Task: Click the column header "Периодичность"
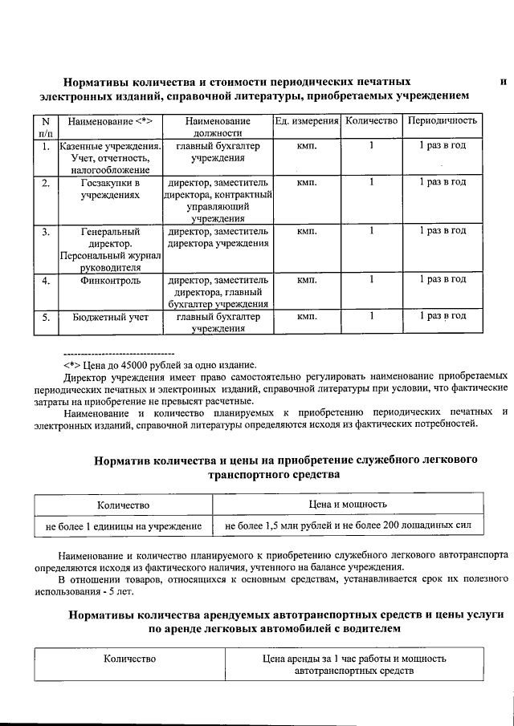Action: point(443,120)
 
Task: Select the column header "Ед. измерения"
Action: point(306,120)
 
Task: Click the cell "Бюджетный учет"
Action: point(111,317)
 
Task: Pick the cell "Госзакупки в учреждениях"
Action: point(111,189)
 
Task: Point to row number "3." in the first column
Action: point(47,231)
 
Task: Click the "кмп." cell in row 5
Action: point(306,317)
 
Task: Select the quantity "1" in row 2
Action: point(371,182)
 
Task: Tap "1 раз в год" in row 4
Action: point(443,279)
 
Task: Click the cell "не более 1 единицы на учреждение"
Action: point(123,526)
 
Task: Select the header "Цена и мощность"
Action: point(348,505)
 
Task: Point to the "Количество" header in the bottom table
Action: point(129,659)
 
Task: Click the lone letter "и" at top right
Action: point(503,81)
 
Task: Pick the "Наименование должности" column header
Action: point(218,126)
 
